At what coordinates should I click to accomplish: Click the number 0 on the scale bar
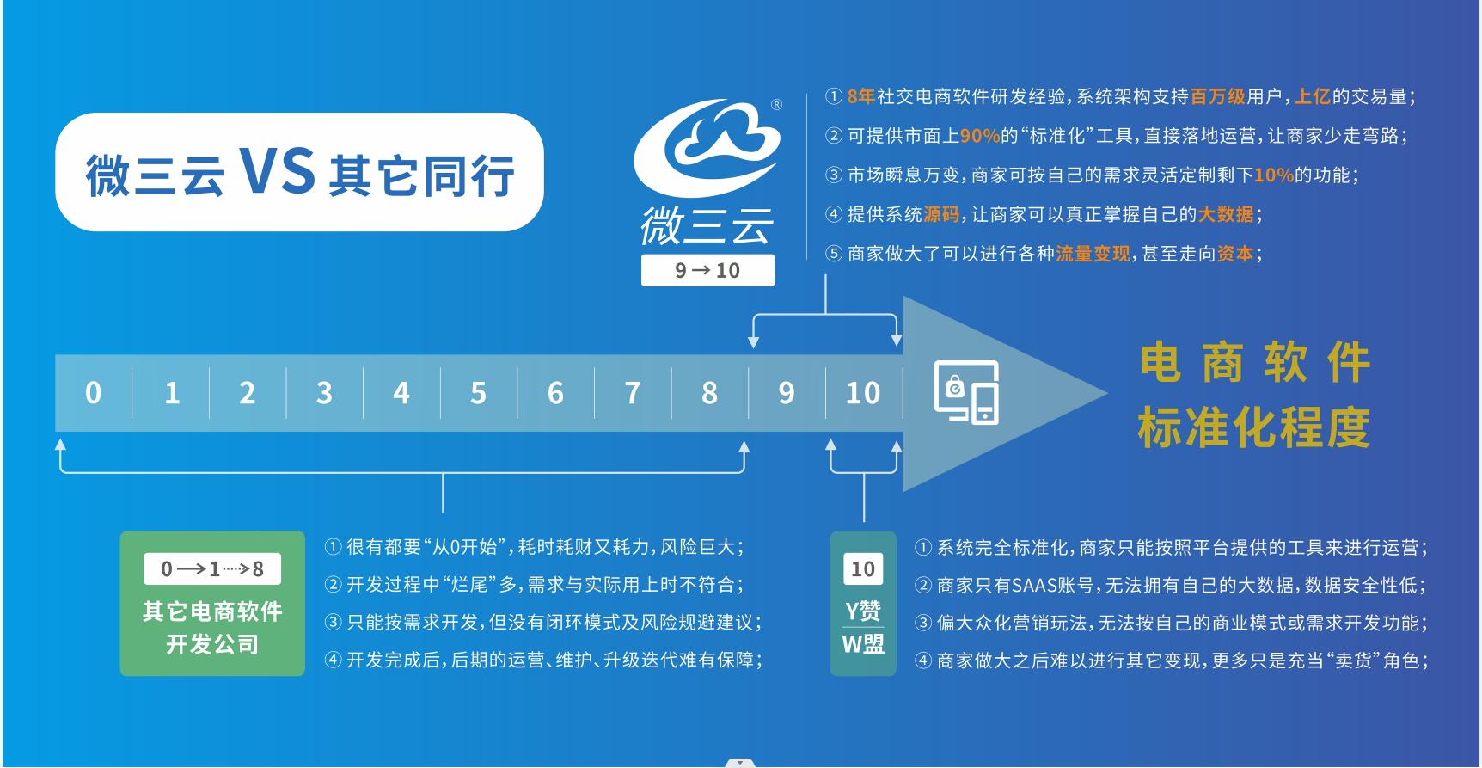click(93, 393)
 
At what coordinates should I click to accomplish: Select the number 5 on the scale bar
click(478, 393)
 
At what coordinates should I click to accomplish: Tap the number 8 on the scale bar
click(709, 393)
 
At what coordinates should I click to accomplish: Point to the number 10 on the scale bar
click(863, 393)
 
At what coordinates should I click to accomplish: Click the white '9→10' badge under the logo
click(707, 270)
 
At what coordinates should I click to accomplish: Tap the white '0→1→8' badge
click(212, 568)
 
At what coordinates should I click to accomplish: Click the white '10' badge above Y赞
click(863, 568)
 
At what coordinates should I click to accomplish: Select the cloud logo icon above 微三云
click(707, 148)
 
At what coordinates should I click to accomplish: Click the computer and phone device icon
click(966, 392)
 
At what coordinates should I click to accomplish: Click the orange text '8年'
click(860, 96)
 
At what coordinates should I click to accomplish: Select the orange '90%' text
click(980, 136)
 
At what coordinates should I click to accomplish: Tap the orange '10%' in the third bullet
click(1274, 175)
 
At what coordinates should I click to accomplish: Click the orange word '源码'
click(941, 214)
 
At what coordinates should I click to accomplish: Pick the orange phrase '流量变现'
click(1093, 254)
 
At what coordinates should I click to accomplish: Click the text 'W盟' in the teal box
click(863, 643)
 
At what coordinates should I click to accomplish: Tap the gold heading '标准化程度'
click(1253, 427)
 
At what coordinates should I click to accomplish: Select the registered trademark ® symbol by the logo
click(776, 105)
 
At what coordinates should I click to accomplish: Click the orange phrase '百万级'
click(1218, 96)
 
